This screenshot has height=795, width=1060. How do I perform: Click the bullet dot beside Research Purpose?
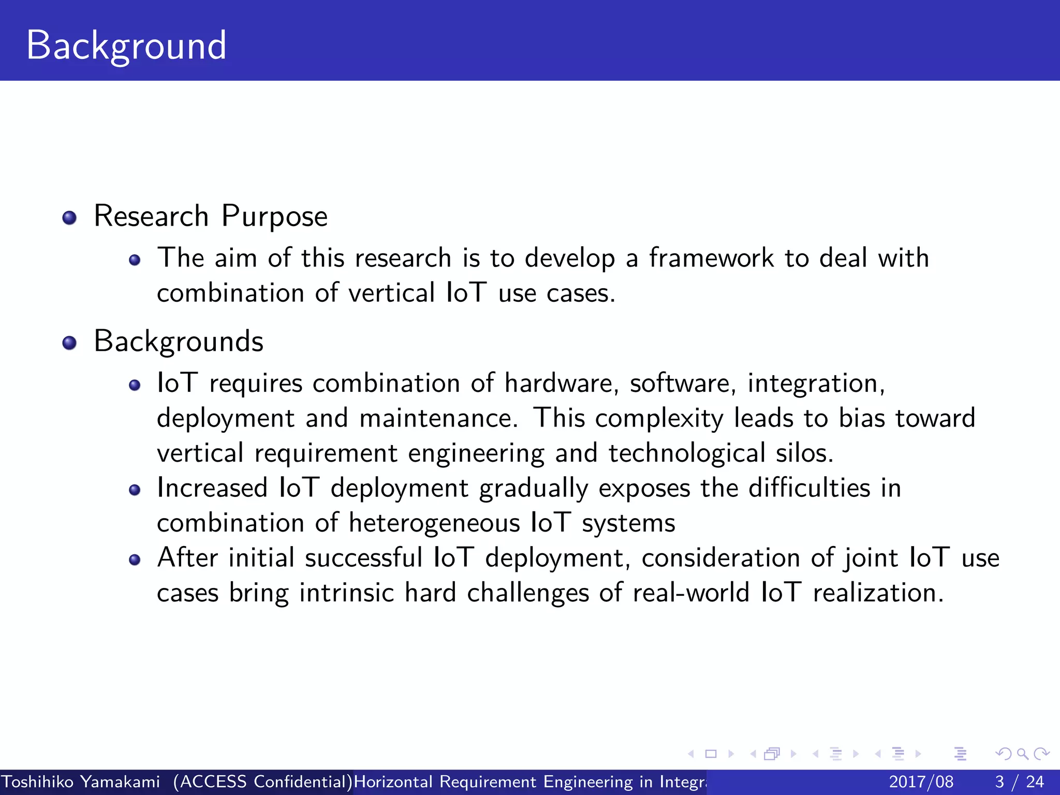[69, 217]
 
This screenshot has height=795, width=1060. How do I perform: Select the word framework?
[711, 258]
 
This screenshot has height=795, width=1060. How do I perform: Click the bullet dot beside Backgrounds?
[69, 343]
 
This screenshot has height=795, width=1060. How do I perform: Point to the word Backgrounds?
[179, 342]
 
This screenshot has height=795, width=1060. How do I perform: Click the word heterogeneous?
[434, 523]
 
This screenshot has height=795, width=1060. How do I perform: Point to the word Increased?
[212, 488]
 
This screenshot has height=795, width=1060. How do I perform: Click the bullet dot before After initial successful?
[135, 560]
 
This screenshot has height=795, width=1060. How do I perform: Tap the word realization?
[878, 593]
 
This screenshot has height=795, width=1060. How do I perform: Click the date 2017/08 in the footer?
[921, 782]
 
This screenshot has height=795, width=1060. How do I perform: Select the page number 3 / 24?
[1019, 782]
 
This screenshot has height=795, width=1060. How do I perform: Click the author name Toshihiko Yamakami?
[81, 782]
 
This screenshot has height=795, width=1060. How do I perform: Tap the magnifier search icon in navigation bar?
[1022, 754]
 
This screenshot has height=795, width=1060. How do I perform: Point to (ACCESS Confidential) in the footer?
[263, 782]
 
